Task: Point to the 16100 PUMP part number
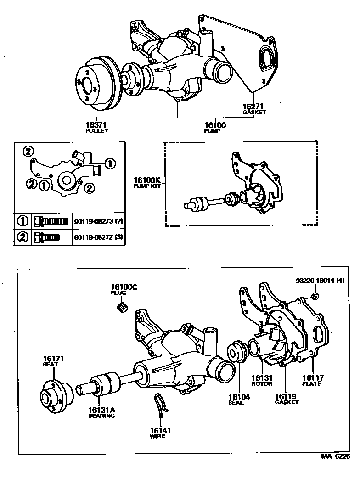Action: [214, 125]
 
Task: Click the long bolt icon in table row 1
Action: [51, 221]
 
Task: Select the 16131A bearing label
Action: [101, 410]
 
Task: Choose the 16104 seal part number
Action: [239, 397]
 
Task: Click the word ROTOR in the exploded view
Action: [262, 383]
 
